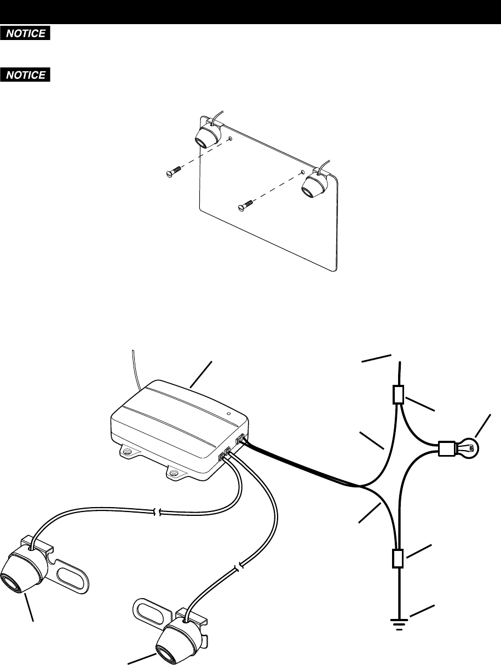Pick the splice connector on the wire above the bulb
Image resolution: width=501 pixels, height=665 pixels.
click(x=399, y=395)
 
